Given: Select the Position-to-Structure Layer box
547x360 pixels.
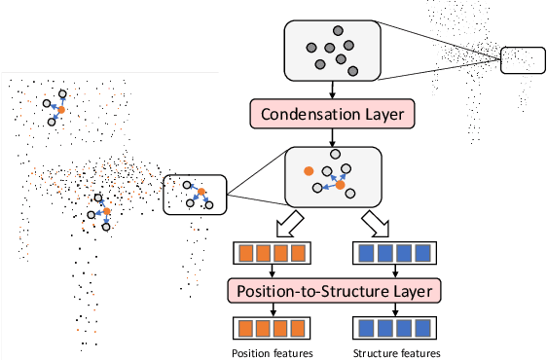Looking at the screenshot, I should click(x=334, y=290).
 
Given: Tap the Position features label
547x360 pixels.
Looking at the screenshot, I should click(x=273, y=352).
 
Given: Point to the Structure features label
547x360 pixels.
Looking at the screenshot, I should click(x=397, y=352).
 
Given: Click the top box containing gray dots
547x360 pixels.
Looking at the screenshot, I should click(x=333, y=51).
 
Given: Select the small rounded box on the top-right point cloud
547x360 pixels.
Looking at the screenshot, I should click(x=524, y=60).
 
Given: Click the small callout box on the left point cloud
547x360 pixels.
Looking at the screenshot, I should click(x=194, y=193).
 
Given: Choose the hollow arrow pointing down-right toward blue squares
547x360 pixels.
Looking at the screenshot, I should click(x=377, y=226).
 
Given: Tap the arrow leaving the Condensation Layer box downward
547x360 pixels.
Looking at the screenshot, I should click(x=334, y=137).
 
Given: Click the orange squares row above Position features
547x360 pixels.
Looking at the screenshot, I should click(x=273, y=326).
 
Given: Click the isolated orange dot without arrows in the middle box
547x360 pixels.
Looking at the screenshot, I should click(x=309, y=171).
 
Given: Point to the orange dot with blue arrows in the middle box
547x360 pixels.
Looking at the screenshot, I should click(x=341, y=184).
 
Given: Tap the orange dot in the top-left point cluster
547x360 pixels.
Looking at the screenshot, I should click(x=60, y=111).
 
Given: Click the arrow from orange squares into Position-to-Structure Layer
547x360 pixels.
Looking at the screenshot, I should click(x=273, y=273).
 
